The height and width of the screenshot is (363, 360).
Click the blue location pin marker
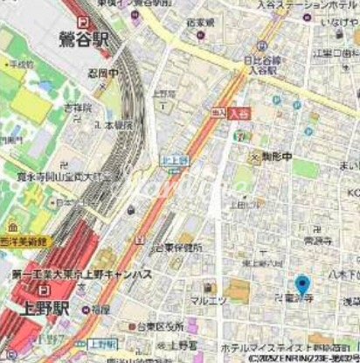[302, 285]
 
